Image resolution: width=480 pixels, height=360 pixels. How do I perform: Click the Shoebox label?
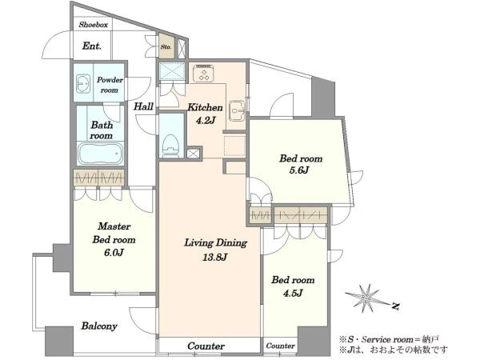(94, 25)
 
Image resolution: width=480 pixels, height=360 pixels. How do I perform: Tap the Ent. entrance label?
(91, 46)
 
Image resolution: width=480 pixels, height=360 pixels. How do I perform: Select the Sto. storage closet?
(166, 46)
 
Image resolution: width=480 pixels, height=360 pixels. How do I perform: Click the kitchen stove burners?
(203, 74)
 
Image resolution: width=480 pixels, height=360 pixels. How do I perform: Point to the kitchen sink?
(238, 110)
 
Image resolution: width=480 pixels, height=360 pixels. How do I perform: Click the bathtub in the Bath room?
(101, 154)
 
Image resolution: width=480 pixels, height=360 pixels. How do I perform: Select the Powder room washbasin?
(83, 83)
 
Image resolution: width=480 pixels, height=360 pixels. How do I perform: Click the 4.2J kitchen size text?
(205, 121)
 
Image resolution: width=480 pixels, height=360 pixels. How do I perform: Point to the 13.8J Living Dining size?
(214, 257)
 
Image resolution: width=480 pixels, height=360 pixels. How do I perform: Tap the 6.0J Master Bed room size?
(114, 253)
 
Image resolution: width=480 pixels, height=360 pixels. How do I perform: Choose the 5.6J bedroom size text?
(299, 170)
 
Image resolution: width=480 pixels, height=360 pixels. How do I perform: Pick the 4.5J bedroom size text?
(293, 294)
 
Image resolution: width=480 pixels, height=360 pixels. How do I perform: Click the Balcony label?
(99, 326)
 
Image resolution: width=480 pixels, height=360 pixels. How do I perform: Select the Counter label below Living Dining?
(206, 346)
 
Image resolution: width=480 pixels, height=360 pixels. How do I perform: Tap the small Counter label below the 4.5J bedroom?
(281, 346)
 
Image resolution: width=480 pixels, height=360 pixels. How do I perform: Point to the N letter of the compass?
(396, 306)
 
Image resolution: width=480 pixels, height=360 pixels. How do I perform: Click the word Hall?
(143, 106)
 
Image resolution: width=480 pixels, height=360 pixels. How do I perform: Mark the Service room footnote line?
(389, 339)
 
